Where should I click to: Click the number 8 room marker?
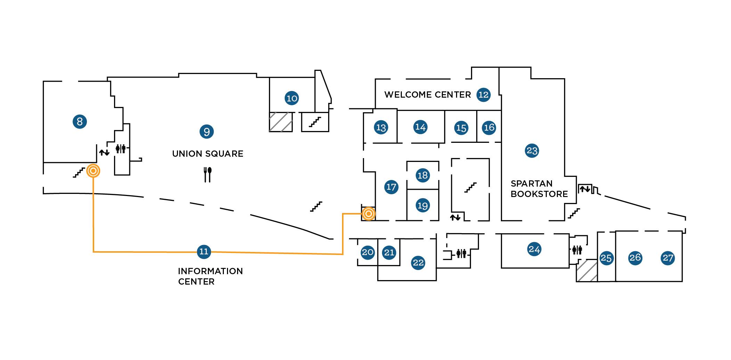click(x=80, y=122)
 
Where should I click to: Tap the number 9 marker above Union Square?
click(x=206, y=132)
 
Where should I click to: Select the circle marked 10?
click(x=292, y=98)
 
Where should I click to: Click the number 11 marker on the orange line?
click(x=204, y=252)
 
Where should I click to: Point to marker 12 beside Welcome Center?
click(x=483, y=95)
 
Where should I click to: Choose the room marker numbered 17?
click(x=391, y=187)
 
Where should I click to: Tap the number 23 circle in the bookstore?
click(x=532, y=151)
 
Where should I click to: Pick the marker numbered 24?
click(x=534, y=249)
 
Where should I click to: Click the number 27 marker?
click(x=668, y=258)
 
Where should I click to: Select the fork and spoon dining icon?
click(x=208, y=174)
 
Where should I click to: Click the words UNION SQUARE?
click(x=208, y=154)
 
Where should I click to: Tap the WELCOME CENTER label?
click(x=427, y=95)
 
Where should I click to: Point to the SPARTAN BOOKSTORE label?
click(x=539, y=189)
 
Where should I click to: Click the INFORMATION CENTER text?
click(x=210, y=276)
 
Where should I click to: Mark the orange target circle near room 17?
click(x=368, y=214)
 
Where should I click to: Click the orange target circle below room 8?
click(x=93, y=171)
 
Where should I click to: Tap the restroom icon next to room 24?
click(x=577, y=249)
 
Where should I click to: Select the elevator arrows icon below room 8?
click(x=104, y=152)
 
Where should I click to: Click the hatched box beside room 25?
click(x=587, y=270)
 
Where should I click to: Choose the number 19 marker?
click(x=422, y=205)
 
